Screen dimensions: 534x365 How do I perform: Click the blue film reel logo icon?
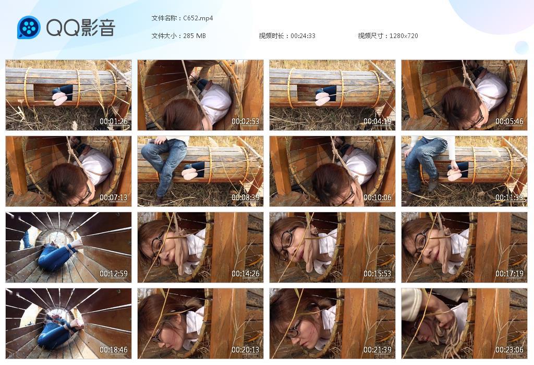[29, 27]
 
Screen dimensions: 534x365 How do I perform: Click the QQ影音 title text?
[81, 28]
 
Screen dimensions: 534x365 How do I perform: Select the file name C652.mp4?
[198, 18]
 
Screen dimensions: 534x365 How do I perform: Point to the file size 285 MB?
[195, 36]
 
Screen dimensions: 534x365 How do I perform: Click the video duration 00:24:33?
[303, 36]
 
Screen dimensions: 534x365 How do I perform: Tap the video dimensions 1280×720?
[404, 36]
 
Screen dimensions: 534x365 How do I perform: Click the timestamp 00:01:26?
[113, 121]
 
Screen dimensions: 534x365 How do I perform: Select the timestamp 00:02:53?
[246, 121]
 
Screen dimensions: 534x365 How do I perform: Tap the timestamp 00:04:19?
[378, 121]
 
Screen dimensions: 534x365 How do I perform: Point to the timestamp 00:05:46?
[509, 121]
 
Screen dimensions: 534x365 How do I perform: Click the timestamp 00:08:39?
[246, 198]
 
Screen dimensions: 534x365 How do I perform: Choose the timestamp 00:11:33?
[509, 198]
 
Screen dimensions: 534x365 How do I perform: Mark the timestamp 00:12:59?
[113, 273]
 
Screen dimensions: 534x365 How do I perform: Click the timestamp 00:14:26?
[246, 273]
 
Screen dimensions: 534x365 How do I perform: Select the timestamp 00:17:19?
[509, 273]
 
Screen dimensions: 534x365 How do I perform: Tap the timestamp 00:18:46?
[113, 350]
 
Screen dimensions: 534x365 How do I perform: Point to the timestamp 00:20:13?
[246, 350]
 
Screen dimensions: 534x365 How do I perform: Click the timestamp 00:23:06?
[509, 350]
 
